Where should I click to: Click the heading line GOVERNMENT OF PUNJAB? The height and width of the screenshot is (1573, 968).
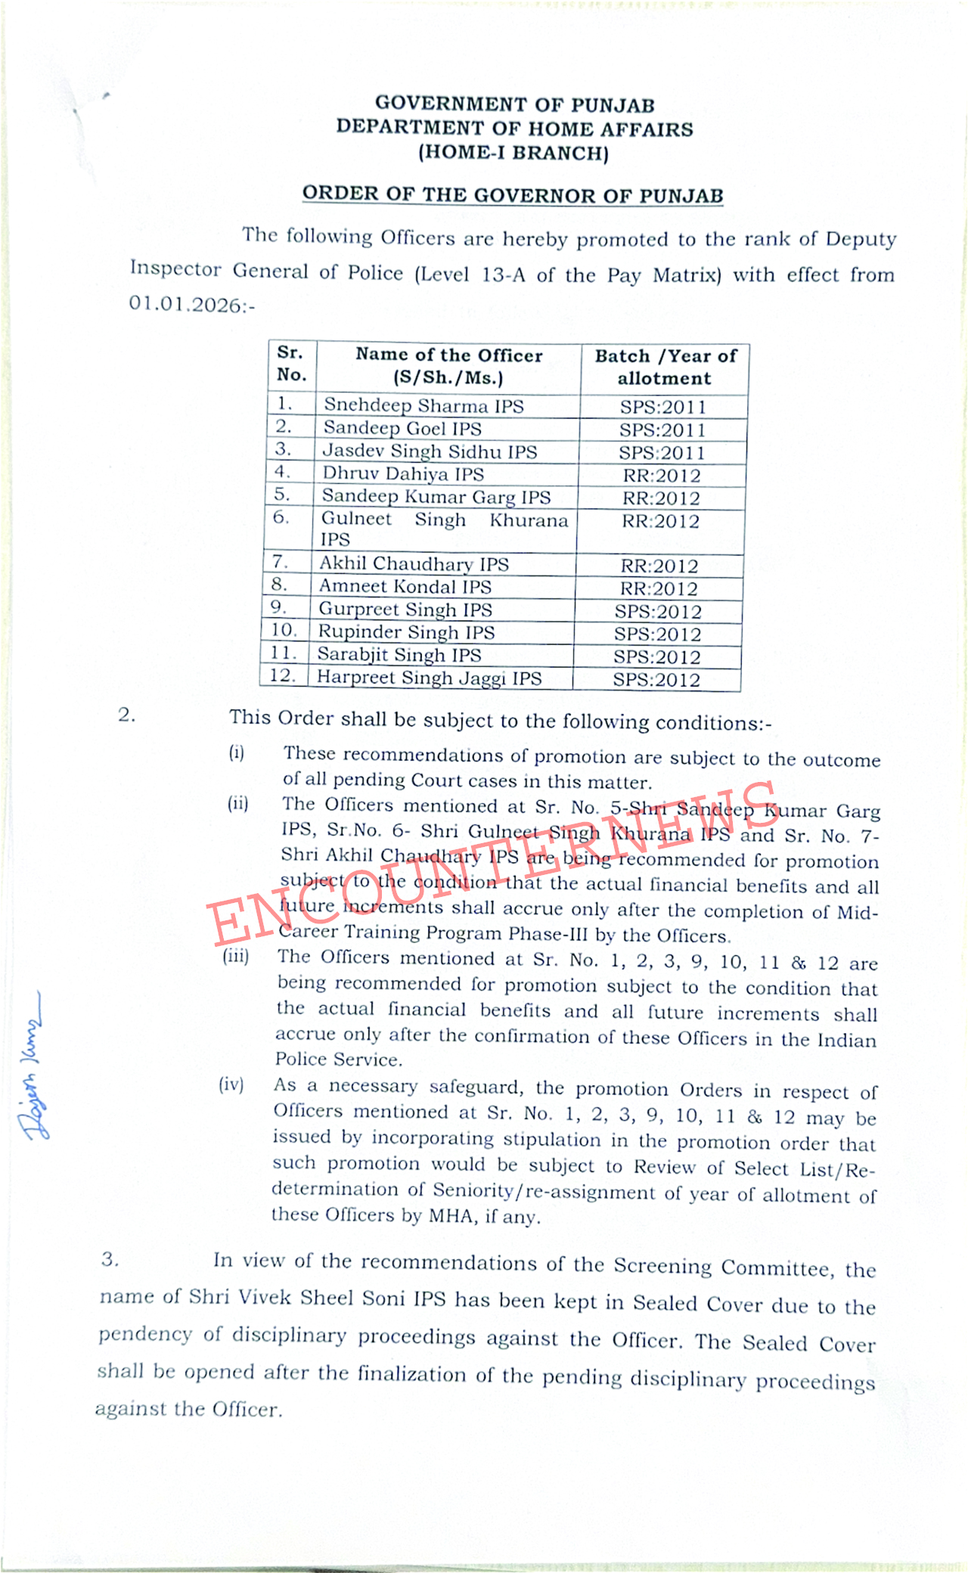pyautogui.click(x=514, y=104)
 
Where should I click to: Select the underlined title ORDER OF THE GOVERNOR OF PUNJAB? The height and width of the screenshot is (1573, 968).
pyautogui.click(x=513, y=195)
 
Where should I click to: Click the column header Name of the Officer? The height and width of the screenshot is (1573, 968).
pyautogui.click(x=448, y=355)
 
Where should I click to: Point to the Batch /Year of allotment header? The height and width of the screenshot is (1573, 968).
pyautogui.click(x=665, y=367)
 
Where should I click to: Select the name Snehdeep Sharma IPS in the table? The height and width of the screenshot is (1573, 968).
pyautogui.click(x=423, y=405)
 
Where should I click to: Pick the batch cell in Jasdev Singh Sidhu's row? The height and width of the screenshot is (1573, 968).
pyautogui.click(x=662, y=453)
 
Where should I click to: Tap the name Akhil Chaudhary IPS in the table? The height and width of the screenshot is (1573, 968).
pyautogui.click(x=414, y=564)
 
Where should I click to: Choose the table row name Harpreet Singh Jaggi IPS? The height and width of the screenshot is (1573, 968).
pyautogui.click(x=429, y=678)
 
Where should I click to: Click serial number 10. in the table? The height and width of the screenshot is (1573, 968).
pyautogui.click(x=284, y=631)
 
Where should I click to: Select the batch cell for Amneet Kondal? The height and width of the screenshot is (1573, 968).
pyautogui.click(x=659, y=588)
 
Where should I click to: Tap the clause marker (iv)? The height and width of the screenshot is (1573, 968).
pyautogui.click(x=231, y=1085)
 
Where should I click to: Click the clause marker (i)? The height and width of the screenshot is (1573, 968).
pyautogui.click(x=237, y=752)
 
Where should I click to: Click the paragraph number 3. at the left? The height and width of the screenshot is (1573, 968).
pyautogui.click(x=110, y=1259)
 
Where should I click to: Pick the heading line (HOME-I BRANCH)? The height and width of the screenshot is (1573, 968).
pyautogui.click(x=513, y=153)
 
